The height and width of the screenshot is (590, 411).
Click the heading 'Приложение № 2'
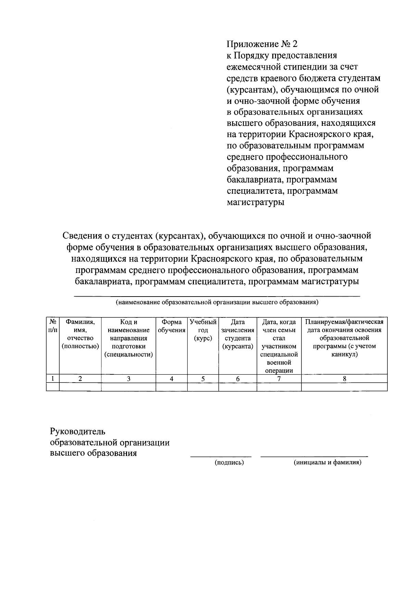(262, 44)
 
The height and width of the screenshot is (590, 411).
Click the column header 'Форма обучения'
(172, 326)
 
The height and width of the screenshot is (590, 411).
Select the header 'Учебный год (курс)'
(203, 330)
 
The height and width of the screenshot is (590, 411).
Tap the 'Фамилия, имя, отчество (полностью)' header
(80, 334)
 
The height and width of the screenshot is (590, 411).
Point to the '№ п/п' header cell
(53, 326)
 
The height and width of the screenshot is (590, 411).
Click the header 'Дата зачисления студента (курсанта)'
(238, 334)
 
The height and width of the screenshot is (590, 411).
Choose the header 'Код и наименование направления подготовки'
(128, 338)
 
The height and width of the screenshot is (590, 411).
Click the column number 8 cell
(344, 379)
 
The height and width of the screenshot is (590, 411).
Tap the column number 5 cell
(203, 379)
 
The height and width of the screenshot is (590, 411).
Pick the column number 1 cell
(53, 379)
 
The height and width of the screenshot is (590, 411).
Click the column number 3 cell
(128, 379)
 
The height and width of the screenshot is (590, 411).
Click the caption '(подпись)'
(229, 463)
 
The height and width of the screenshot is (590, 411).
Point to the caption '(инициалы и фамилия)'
(327, 463)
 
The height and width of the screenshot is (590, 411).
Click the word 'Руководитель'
(78, 431)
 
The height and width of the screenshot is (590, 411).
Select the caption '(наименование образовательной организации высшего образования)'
(217, 302)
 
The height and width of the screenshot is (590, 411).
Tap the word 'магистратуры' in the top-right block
(256, 202)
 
